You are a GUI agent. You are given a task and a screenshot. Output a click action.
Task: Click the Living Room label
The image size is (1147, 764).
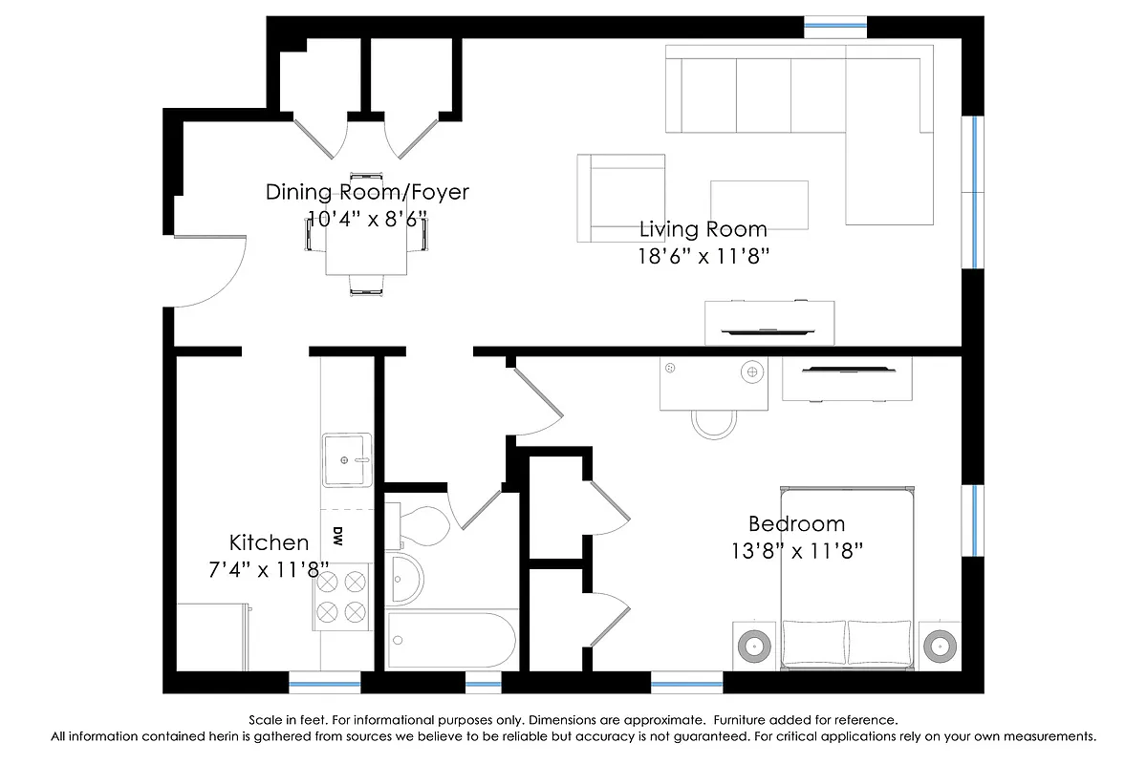(703, 229)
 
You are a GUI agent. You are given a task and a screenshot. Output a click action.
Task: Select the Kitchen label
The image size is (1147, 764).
(269, 543)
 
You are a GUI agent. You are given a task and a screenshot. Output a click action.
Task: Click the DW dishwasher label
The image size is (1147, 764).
(337, 538)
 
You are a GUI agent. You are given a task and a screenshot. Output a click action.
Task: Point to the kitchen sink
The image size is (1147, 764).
(346, 459)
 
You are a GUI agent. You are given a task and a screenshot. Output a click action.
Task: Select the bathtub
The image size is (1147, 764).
(452, 640)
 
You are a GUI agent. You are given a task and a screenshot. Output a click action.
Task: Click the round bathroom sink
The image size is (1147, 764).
(403, 578)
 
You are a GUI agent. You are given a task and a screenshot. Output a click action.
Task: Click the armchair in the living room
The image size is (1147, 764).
(621, 198)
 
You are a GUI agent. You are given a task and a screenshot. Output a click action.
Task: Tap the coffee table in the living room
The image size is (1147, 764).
(759, 204)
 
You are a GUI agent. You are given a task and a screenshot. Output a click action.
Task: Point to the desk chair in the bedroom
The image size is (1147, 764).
(713, 422)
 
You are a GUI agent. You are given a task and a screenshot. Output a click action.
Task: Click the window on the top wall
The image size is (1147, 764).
(835, 27)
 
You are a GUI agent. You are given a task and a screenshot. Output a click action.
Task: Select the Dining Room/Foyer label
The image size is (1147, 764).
(367, 192)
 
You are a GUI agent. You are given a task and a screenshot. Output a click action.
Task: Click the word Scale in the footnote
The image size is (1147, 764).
(264, 719)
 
